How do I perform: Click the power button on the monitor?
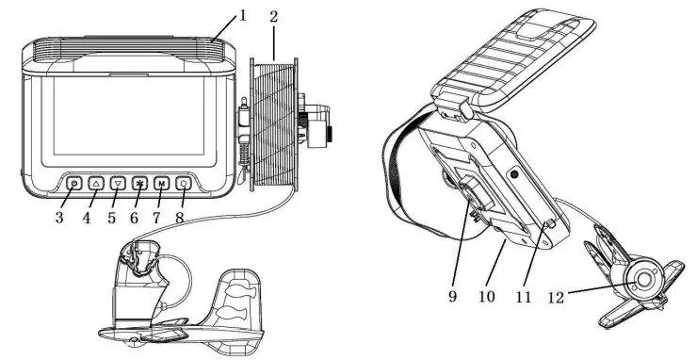point(74,183)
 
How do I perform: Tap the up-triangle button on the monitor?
point(96,183)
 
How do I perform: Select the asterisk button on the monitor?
point(139,183)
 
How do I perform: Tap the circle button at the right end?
point(183,183)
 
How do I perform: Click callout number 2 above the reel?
point(272,17)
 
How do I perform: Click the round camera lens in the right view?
point(646,280)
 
